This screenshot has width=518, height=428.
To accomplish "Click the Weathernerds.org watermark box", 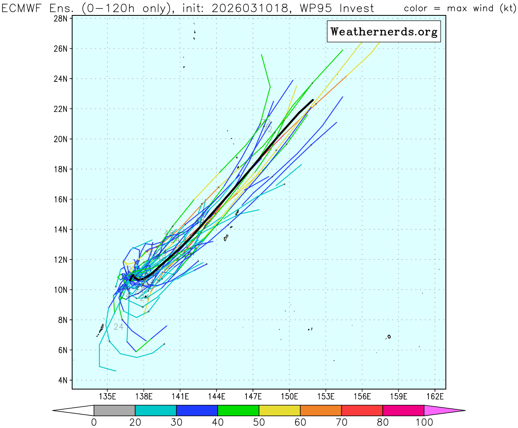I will [x=383, y=32].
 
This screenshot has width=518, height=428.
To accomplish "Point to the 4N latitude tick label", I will [x=62, y=380].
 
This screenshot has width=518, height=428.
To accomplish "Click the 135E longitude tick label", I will [x=107, y=396].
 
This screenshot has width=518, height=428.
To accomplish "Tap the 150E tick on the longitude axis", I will [x=289, y=396].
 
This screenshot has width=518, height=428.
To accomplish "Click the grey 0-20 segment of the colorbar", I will [x=114, y=411].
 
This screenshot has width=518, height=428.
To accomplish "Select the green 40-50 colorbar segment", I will [x=238, y=411].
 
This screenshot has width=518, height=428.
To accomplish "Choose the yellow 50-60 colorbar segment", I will [x=280, y=411].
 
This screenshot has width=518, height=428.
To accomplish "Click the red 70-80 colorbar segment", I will [x=362, y=411].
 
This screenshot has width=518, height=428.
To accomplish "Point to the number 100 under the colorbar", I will [x=424, y=422].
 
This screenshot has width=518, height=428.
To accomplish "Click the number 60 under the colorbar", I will [x=300, y=422].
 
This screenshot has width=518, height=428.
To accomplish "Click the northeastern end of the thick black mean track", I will [x=313, y=100].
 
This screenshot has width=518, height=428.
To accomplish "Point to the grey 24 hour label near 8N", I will [x=118, y=327].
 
